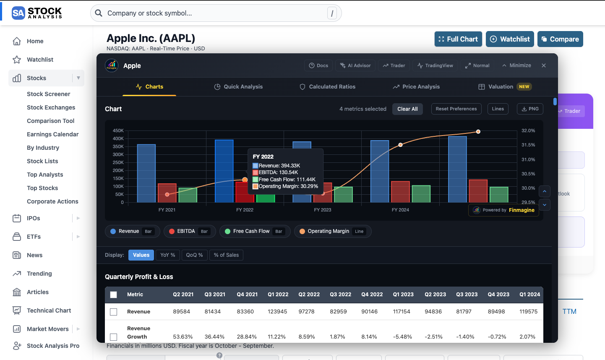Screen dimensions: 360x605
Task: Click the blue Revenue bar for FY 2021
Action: click(146, 173)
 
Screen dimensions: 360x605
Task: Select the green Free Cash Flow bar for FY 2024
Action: click(421, 194)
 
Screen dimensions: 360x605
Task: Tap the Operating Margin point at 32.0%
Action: click(478, 132)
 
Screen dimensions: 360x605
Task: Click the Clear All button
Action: click(407, 109)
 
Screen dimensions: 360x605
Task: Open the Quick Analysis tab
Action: click(238, 87)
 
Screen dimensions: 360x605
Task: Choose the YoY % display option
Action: click(167, 255)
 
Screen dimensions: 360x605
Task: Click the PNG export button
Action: click(530, 109)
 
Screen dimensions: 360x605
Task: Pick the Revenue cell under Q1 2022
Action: click(277, 312)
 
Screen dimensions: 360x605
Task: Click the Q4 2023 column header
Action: click(498, 295)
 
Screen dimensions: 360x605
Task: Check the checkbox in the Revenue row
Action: click(113, 312)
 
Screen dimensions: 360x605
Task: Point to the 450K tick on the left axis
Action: click(118, 131)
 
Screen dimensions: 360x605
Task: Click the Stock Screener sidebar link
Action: click(48, 94)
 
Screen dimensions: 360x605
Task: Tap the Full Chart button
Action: click(458, 39)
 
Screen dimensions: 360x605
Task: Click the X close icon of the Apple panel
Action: click(543, 65)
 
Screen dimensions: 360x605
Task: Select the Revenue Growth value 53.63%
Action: click(183, 337)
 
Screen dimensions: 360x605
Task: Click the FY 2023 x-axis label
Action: click(322, 210)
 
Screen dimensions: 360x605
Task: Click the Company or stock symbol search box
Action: click(216, 13)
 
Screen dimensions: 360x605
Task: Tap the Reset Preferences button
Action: click(456, 109)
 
